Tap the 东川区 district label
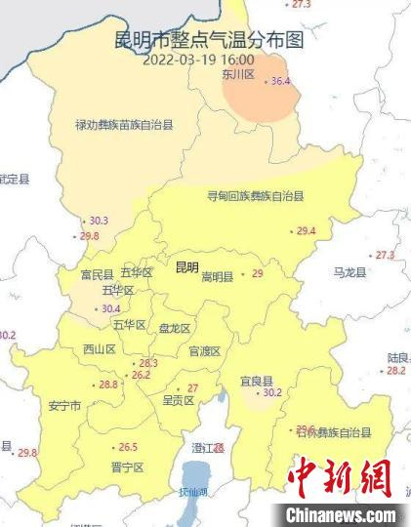pos(237,73)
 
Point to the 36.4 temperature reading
pos(281,81)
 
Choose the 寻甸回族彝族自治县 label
pos(256,196)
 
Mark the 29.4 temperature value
pos(306,231)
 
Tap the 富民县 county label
pos(98,274)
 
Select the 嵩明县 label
pos(217,277)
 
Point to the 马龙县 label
pos(349,272)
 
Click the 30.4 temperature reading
pos(111,308)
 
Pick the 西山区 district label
pos(100,348)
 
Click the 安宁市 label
pos(63,405)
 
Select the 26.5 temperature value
pos(128,447)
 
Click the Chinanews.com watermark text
pos(341,514)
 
